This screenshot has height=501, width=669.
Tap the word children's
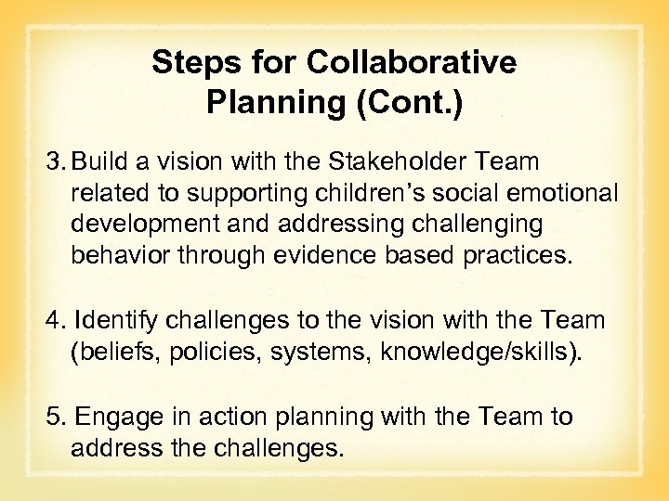[339, 193]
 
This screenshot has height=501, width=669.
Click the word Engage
[116, 417]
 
